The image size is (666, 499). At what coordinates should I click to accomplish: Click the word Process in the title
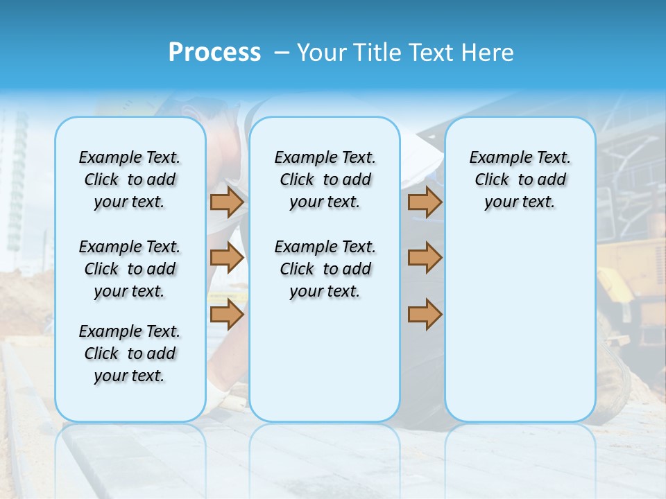[214, 52]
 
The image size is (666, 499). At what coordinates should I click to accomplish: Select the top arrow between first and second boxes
[227, 202]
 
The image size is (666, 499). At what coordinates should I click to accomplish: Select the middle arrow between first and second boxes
[227, 258]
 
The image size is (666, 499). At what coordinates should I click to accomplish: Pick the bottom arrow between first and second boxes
[227, 314]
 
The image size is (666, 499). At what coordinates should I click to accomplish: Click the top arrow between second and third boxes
[425, 202]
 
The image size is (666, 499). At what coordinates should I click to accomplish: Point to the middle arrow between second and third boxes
[425, 258]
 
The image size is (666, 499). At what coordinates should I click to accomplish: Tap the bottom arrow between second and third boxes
[425, 314]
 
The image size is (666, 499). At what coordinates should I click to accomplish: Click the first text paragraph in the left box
[130, 180]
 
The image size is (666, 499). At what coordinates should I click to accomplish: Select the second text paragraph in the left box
[130, 269]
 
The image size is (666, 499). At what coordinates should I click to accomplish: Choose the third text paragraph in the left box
[130, 353]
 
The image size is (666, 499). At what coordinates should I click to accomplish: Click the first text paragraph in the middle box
[325, 180]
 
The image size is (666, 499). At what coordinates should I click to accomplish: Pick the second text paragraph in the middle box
[325, 269]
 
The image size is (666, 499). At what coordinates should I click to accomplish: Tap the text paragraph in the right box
[520, 180]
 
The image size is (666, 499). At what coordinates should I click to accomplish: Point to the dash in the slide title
[281, 53]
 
